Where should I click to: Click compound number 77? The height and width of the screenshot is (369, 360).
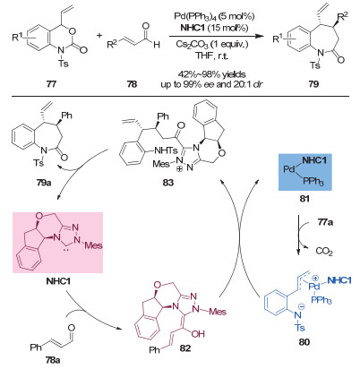click(51, 84)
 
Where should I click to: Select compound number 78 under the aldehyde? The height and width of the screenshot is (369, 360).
click(132, 84)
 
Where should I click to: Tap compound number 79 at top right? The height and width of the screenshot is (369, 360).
click(313, 84)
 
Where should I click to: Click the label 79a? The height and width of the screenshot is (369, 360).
click(44, 183)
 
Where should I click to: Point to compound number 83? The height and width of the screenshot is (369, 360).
click(168, 183)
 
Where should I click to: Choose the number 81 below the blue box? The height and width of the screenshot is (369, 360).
click(304, 198)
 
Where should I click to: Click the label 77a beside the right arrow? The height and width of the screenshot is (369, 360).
click(325, 222)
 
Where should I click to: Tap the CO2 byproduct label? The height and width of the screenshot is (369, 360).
click(324, 252)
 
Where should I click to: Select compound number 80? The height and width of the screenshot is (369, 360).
click(304, 341)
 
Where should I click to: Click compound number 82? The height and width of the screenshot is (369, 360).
click(185, 348)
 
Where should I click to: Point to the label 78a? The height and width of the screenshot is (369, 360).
click(53, 360)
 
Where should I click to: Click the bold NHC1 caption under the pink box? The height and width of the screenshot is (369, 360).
click(58, 281)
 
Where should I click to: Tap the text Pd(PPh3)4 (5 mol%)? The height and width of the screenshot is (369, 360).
click(214, 16)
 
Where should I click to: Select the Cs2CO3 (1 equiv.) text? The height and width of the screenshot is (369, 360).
click(211, 45)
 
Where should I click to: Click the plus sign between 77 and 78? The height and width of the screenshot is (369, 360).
click(99, 35)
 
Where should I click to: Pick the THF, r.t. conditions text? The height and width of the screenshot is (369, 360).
click(211, 56)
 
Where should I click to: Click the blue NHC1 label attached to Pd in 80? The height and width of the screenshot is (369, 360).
click(339, 280)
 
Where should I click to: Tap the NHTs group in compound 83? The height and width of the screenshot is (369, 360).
click(166, 150)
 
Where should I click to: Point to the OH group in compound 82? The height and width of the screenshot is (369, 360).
click(198, 333)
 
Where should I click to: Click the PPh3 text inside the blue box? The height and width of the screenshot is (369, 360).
click(313, 182)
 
